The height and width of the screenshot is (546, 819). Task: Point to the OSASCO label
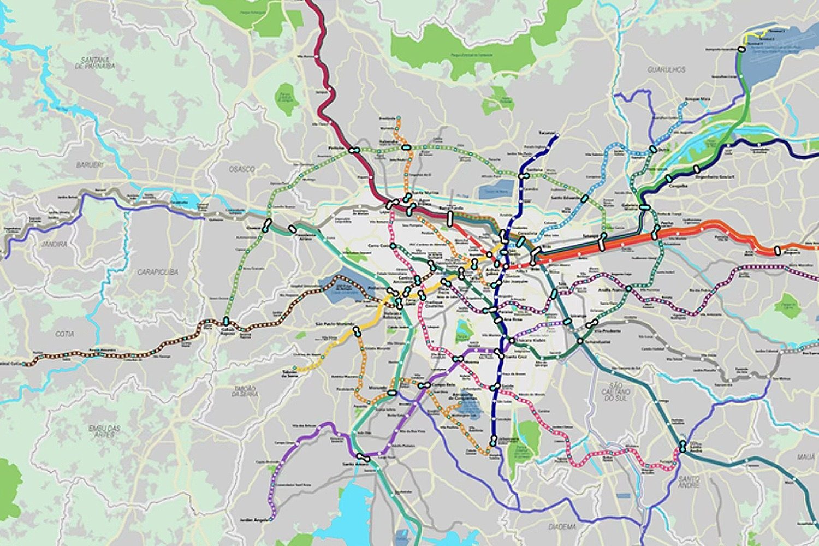(x=241, y=169)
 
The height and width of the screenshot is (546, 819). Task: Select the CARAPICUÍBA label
(x=158, y=271)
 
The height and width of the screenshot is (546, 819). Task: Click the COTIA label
(x=64, y=334)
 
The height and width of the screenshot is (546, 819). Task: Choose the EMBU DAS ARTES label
(x=104, y=431)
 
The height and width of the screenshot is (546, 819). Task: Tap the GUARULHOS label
(x=666, y=70)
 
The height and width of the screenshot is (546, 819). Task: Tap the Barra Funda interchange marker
(x=449, y=219)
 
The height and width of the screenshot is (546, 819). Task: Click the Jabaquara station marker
(x=493, y=440)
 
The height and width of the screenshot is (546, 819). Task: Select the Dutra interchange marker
(x=653, y=149)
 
